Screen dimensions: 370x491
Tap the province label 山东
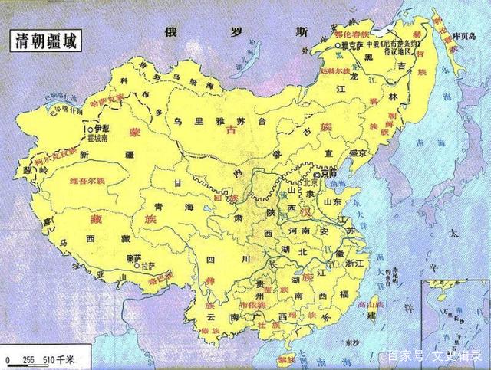point(332,201)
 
